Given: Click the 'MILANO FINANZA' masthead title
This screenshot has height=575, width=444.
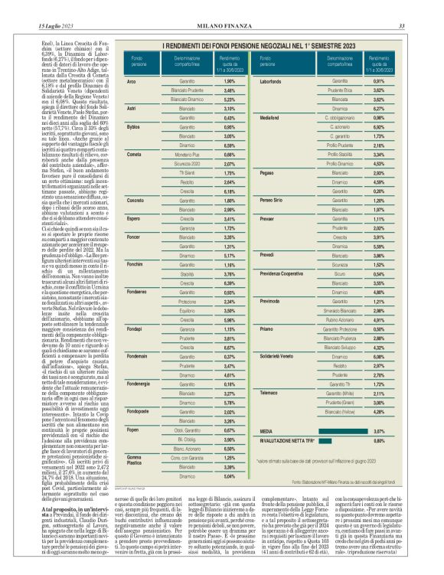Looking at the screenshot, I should (221, 6).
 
